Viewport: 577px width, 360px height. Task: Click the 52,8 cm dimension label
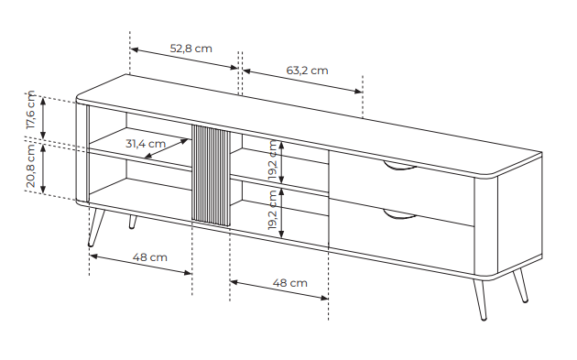coord(191,49)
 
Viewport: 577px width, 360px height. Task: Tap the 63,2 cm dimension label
coord(307,71)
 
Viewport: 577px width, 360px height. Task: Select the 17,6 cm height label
coord(31,110)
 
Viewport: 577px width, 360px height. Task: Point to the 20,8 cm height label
coord(31,166)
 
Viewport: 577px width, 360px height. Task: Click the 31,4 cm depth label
coord(146,144)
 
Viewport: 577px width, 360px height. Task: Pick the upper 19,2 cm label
coord(273,159)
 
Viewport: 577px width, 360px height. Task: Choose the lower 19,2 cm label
coord(273,210)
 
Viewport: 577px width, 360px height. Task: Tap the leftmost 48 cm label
coord(150,256)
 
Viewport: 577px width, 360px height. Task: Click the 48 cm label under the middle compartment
coord(290,283)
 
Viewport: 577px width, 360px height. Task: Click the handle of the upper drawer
coord(399,168)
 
